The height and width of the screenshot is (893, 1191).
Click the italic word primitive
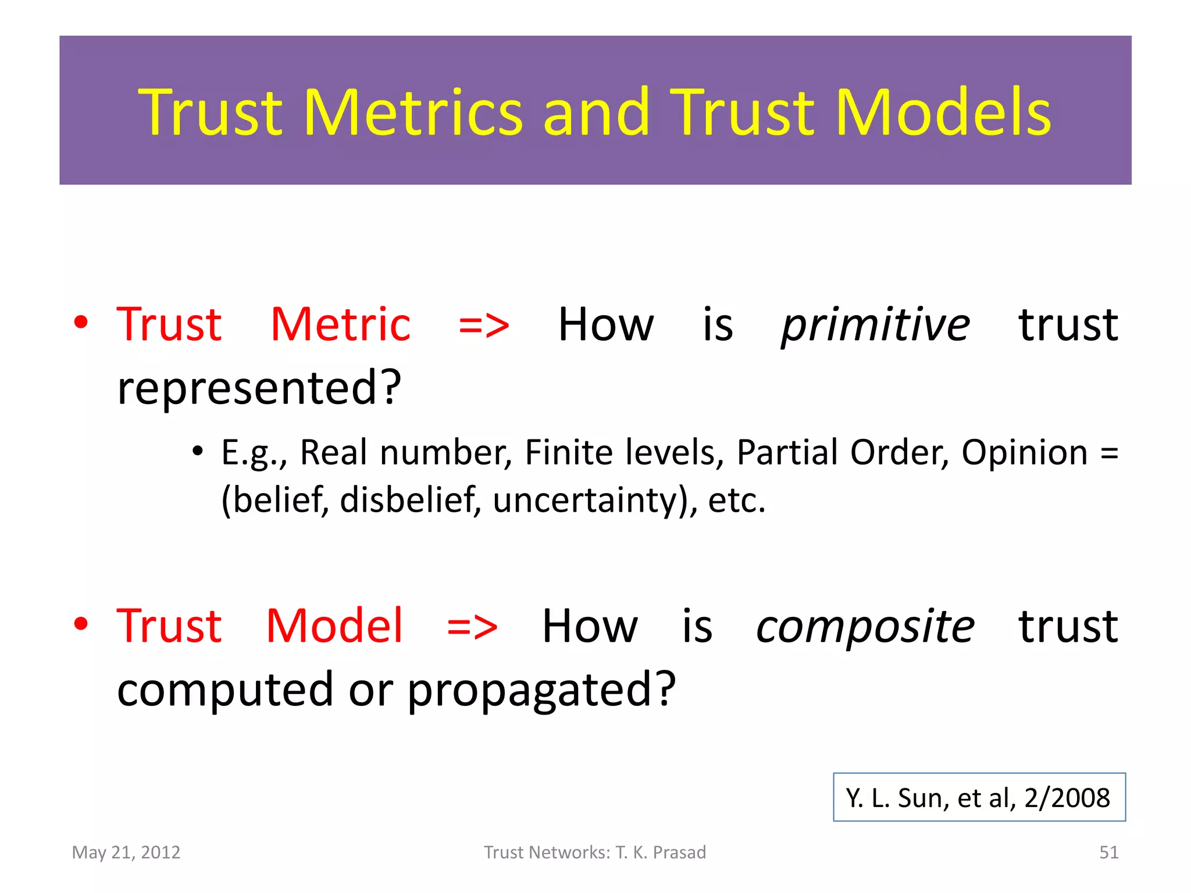click(x=875, y=325)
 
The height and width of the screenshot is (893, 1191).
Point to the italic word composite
click(x=865, y=627)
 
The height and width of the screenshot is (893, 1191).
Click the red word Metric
click(x=341, y=324)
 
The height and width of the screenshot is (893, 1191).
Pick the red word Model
click(x=334, y=626)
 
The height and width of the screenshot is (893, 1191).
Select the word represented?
click(x=259, y=388)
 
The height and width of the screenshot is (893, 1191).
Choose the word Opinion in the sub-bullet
click(x=1024, y=452)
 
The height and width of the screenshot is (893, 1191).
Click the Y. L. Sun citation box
click(x=979, y=797)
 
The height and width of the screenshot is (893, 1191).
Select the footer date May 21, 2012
click(x=126, y=852)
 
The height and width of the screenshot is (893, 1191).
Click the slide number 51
click(x=1108, y=852)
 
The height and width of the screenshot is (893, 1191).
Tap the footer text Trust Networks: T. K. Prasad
click(x=595, y=852)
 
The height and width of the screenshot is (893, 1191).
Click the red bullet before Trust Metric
click(x=81, y=322)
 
